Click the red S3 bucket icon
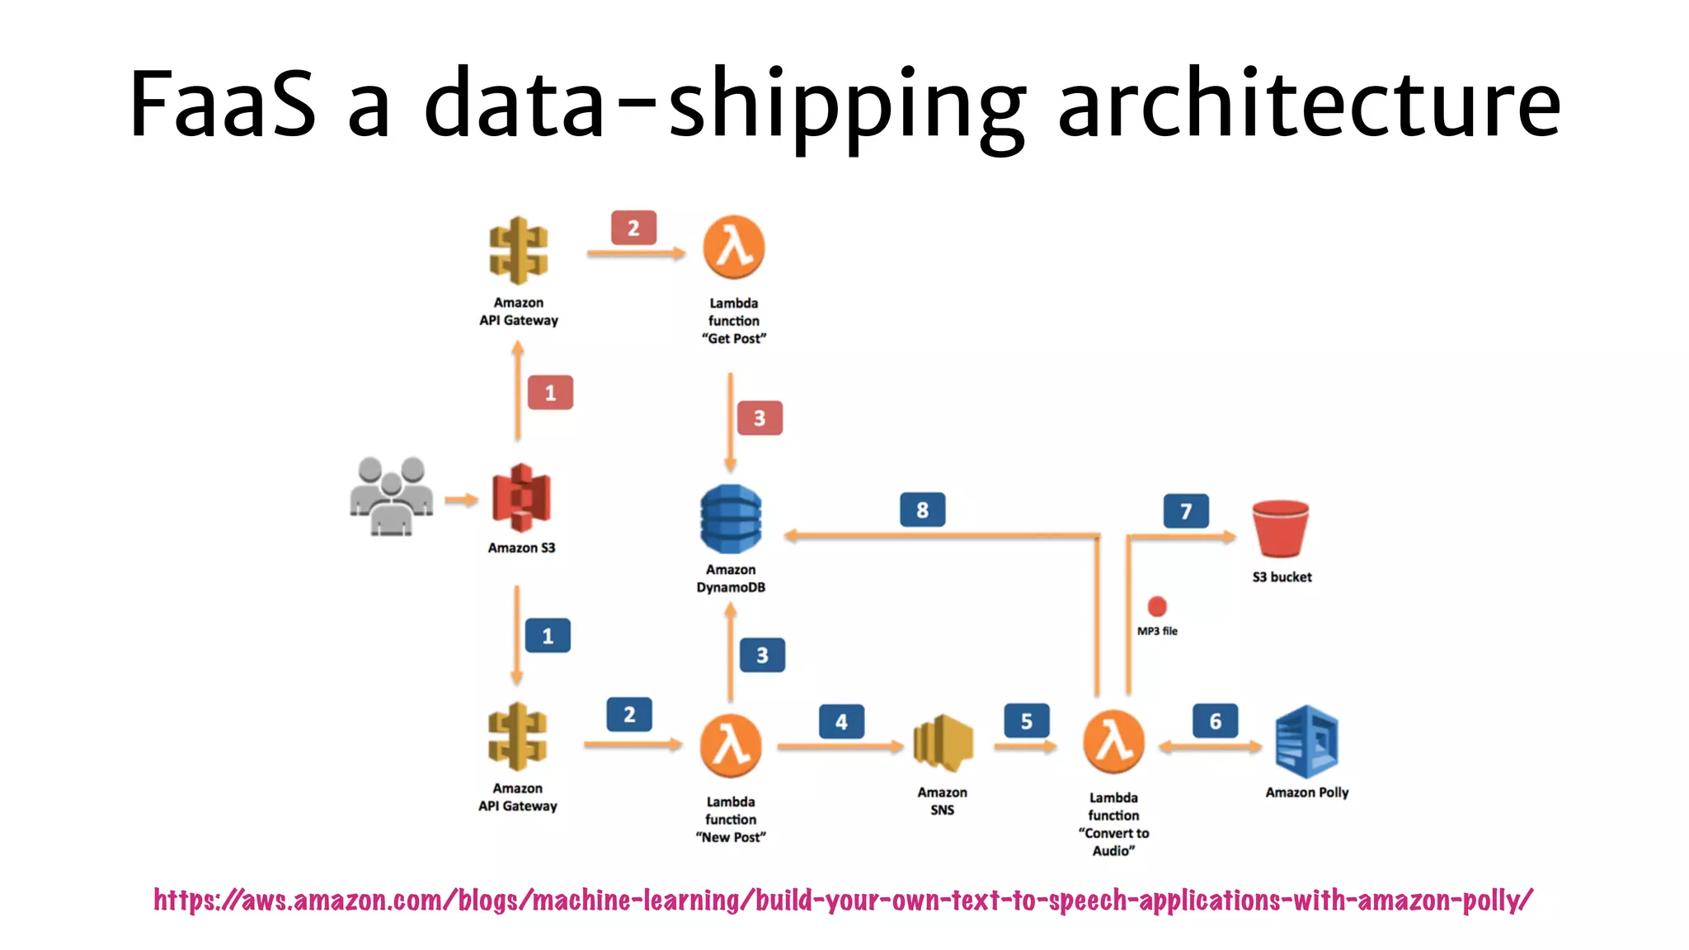click(x=1280, y=529)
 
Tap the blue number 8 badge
click(x=922, y=510)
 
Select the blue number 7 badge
click(x=1186, y=511)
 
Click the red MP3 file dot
click(x=1157, y=607)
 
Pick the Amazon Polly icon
click(x=1306, y=742)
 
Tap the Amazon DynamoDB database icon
click(x=731, y=520)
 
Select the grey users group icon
click(x=391, y=496)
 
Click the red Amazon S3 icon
click(x=521, y=497)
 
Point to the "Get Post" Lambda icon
click(x=733, y=247)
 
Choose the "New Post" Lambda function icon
click(x=730, y=745)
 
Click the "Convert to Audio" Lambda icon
click(x=1113, y=741)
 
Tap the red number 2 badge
click(x=633, y=228)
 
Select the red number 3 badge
click(x=760, y=418)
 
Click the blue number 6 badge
click(x=1215, y=722)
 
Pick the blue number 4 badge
click(x=841, y=722)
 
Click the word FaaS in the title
click(x=223, y=105)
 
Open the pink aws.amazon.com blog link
click(x=843, y=900)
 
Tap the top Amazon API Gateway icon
click(x=518, y=251)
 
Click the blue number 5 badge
click(x=1027, y=722)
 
